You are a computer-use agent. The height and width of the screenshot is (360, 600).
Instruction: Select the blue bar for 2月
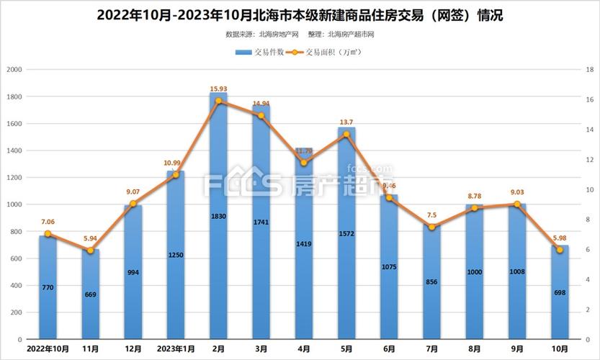click(218, 216)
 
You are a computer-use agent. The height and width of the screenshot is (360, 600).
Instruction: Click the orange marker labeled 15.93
click(218, 101)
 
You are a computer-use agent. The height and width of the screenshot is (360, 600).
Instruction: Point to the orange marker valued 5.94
click(91, 251)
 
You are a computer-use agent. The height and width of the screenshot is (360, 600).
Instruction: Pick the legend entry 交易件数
click(259, 53)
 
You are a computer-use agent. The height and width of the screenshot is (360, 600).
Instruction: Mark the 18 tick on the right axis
click(588, 70)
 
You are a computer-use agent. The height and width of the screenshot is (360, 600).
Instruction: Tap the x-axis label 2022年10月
click(48, 348)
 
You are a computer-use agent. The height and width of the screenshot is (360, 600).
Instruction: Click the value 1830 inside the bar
click(218, 215)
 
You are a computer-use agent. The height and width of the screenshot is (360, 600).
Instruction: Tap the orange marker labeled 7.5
click(431, 228)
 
